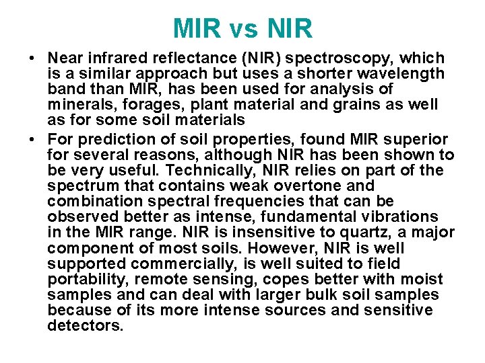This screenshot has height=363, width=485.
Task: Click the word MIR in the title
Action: click(x=197, y=29)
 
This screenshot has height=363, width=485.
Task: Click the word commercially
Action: click(x=164, y=264)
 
